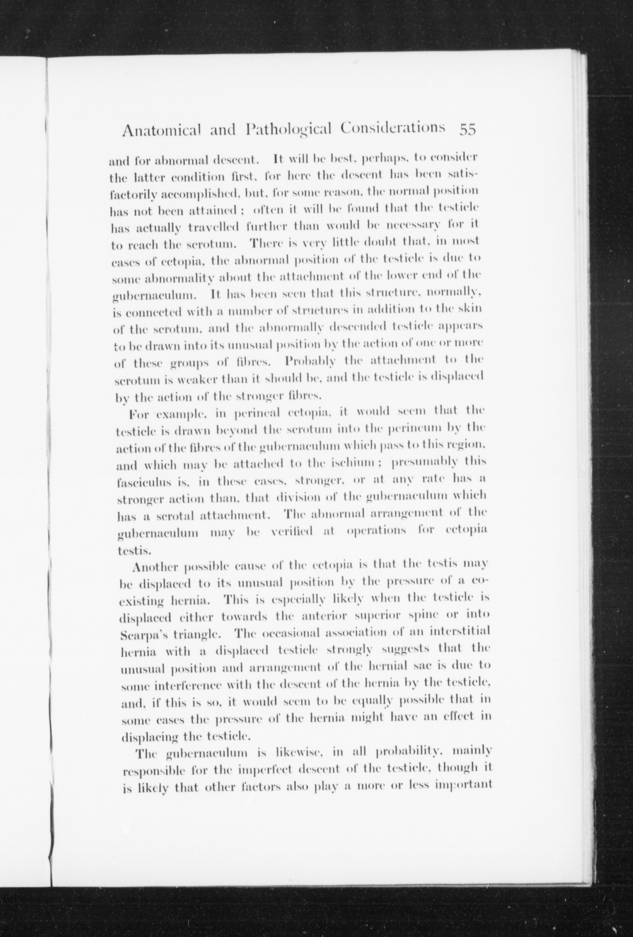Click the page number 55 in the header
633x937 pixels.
coord(468,130)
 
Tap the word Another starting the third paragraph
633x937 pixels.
coord(155,567)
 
